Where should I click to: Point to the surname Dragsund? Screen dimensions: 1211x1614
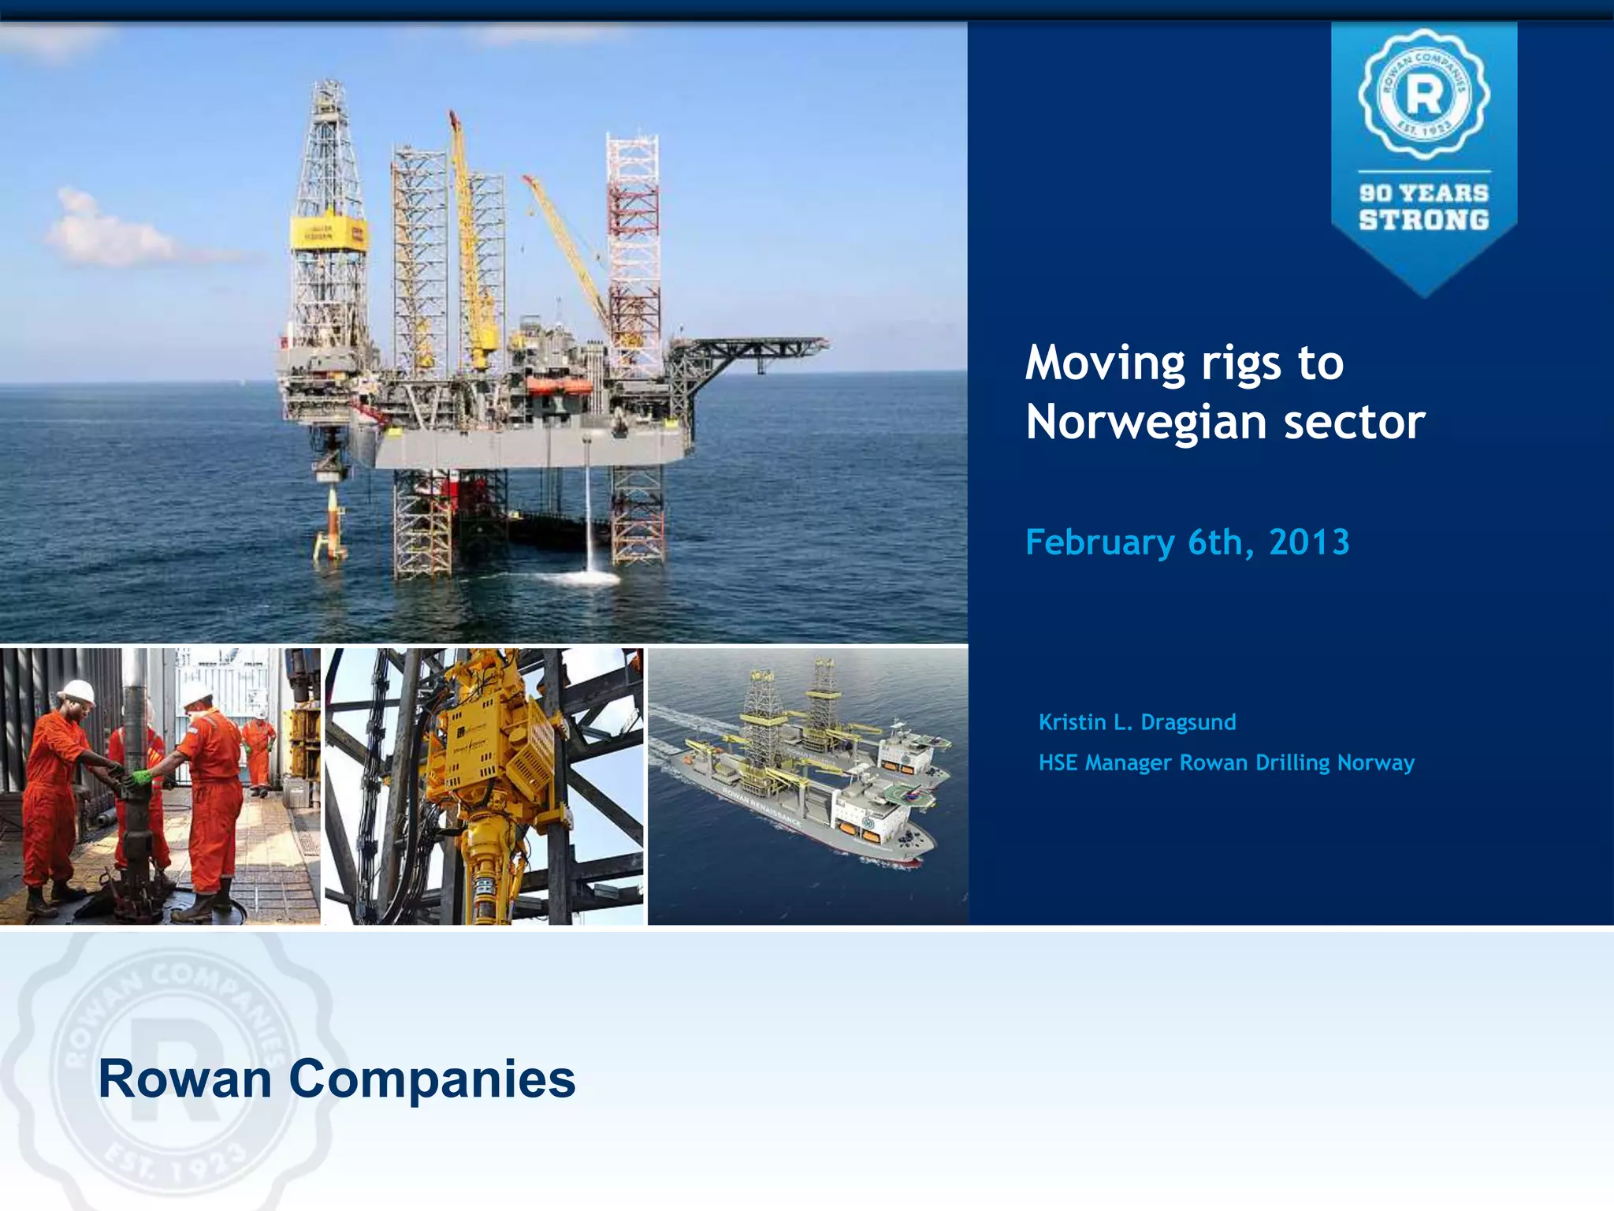pos(1188,722)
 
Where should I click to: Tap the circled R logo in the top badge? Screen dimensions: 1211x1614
pos(1423,94)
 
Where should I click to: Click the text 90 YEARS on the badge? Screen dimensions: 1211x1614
pos(1423,193)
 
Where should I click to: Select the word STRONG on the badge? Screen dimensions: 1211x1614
pos(1423,220)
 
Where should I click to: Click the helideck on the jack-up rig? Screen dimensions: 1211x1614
pos(757,345)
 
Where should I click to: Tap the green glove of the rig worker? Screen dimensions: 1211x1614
pos(142,777)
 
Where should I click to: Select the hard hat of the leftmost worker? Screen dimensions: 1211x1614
pos(78,692)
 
